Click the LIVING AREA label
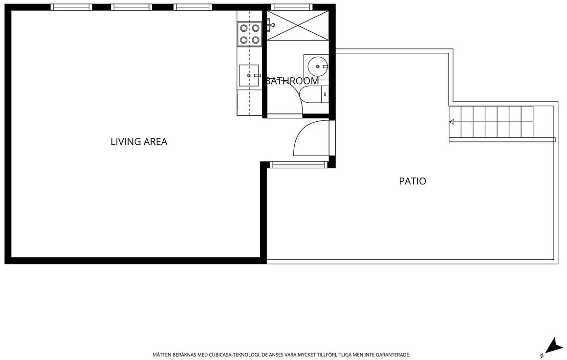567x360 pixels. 139,141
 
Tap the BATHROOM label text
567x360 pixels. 292,81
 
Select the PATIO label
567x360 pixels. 413,181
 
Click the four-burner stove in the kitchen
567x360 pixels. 249,34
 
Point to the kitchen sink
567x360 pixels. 249,75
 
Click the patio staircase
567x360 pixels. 501,122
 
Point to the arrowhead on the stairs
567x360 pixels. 451,122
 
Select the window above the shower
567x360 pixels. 291,7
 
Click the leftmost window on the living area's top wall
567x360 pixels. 71,7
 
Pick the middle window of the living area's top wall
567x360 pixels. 131,7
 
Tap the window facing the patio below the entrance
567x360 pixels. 298,165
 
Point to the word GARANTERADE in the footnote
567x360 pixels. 393,355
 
